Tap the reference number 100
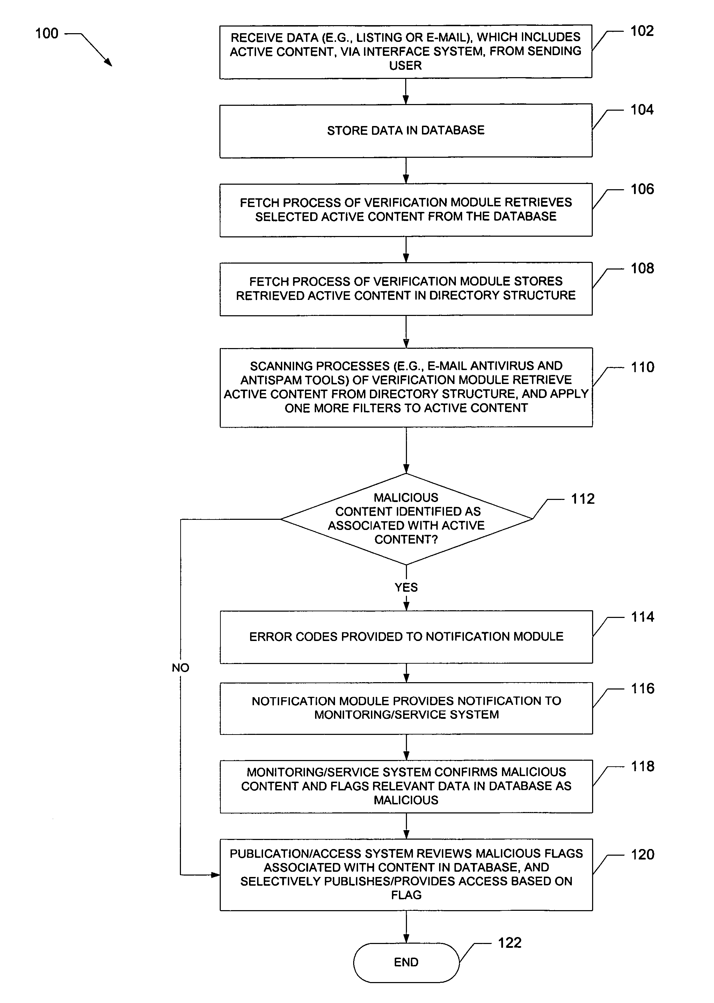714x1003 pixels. pyautogui.click(x=46, y=34)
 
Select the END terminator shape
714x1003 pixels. pyautogui.click(x=406, y=962)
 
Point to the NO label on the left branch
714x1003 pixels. pyautogui.click(x=180, y=668)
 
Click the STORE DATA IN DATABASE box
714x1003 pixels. pyautogui.click(x=406, y=131)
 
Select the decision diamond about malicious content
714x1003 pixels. pyautogui.click(x=406, y=518)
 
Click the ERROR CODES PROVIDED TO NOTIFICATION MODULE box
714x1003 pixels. pyautogui.click(x=406, y=636)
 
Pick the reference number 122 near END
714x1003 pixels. pyautogui.click(x=510, y=942)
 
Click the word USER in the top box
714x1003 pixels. pyautogui.click(x=405, y=66)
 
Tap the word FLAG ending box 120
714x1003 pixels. pyautogui.click(x=406, y=895)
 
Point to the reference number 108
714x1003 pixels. pyautogui.click(x=642, y=268)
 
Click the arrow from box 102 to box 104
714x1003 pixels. pyautogui.click(x=406, y=91)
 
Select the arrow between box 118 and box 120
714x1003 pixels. pyautogui.click(x=406, y=826)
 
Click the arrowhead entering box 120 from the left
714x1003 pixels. pyautogui.click(x=216, y=875)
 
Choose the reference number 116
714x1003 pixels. pyautogui.click(x=642, y=688)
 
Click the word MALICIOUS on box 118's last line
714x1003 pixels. pyautogui.click(x=406, y=800)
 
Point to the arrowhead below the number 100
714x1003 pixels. pyautogui.click(x=108, y=63)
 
